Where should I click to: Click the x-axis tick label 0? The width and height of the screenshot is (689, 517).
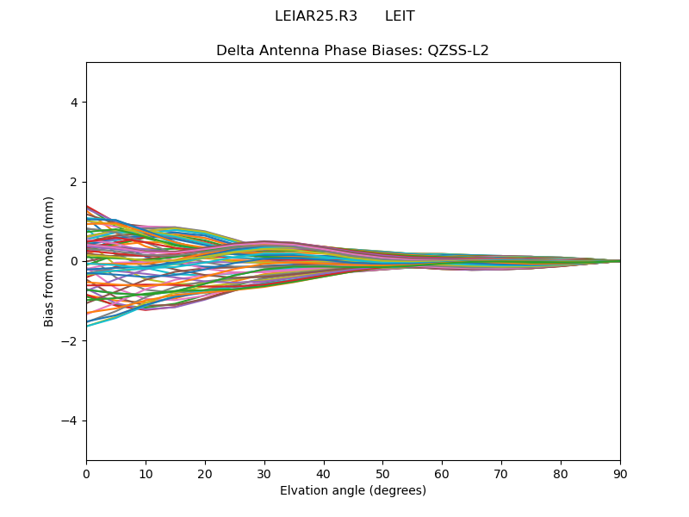point(86,473)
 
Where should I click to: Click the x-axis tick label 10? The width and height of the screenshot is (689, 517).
point(146,473)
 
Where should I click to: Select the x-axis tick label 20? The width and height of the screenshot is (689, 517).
point(205,473)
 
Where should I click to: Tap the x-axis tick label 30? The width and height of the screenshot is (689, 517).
point(264,473)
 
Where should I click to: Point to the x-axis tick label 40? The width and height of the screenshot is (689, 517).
point(324,473)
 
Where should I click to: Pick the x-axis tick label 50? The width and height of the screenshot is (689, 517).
point(382,473)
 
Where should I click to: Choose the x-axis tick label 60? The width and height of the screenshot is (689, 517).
point(442,473)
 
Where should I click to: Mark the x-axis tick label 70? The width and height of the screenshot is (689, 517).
point(501,473)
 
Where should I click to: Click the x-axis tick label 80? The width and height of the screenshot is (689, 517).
point(561,473)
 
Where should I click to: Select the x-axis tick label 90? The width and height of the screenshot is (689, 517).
point(620,473)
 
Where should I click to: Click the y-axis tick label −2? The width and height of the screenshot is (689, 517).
point(71,341)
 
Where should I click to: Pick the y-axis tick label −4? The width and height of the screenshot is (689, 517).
point(71,420)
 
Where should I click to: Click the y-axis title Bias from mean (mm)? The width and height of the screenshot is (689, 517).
point(50,261)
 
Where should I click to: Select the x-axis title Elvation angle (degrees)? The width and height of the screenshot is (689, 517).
point(353,490)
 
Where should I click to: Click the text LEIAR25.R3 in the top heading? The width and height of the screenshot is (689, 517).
point(316,16)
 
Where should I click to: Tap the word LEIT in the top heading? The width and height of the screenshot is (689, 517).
point(400,16)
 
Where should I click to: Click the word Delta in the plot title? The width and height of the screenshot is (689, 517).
point(234,51)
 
